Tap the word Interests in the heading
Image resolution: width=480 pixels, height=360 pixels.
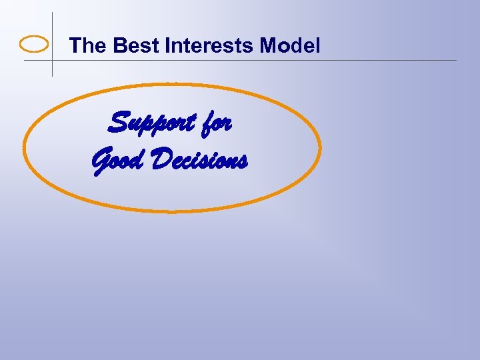coord(210,46)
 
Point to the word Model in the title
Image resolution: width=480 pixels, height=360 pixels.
coord(290,46)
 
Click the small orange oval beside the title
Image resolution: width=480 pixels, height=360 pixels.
coord(34,45)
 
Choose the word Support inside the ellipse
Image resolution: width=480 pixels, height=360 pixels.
coord(152,123)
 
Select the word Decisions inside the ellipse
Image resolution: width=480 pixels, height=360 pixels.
coord(200,160)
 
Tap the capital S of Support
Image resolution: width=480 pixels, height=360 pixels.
coord(119,123)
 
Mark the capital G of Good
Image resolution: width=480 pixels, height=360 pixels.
coord(100,161)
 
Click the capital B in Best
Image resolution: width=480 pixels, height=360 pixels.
coord(120,46)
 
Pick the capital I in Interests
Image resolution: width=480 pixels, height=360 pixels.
coord(167,46)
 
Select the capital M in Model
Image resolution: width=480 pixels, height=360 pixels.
coord(268,46)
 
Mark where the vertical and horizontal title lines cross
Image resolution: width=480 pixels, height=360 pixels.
coord(52,61)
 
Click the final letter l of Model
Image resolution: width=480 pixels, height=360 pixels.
coord(318,46)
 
